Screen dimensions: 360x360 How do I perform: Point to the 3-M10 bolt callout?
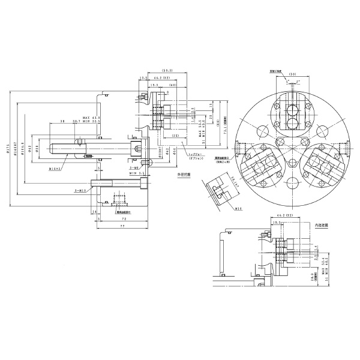[x=80, y=190]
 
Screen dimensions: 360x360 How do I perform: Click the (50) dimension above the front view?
[x=294, y=74]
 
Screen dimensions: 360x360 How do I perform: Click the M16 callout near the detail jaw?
[x=238, y=209]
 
